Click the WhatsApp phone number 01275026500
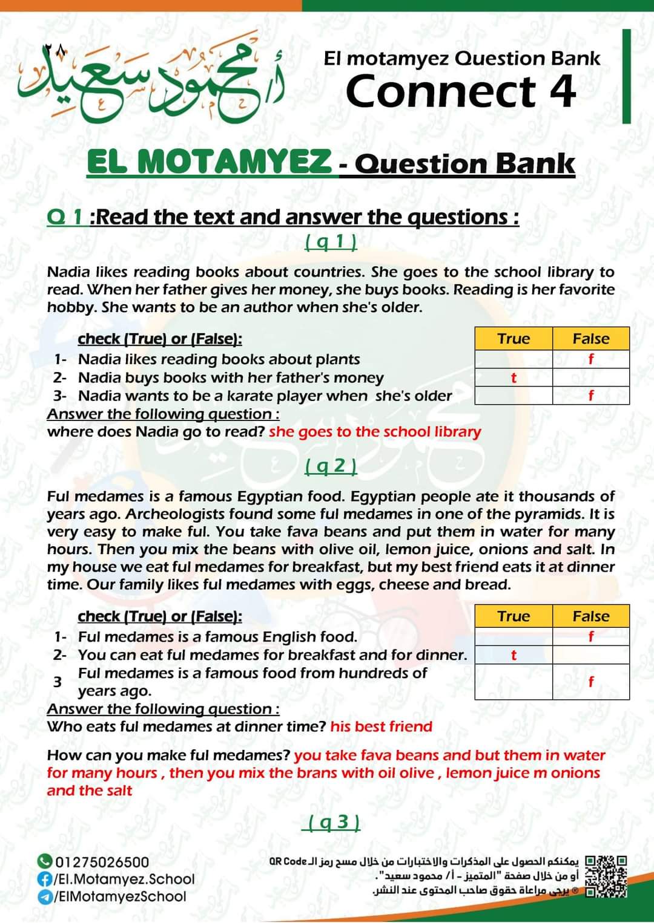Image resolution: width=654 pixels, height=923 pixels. tap(102, 861)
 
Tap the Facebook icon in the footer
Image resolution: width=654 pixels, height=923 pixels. tap(44, 879)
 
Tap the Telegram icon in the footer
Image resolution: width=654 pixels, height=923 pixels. tap(44, 896)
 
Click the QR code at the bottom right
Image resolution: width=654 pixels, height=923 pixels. tap(606, 876)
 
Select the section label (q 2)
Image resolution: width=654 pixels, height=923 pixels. tap(331, 465)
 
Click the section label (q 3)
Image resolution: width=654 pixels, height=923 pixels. tap(334, 822)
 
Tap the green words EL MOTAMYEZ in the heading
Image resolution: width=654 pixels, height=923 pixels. tap(209, 161)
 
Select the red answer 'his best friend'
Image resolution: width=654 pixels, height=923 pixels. tap(381, 726)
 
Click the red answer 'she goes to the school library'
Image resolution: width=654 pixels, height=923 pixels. tap(375, 431)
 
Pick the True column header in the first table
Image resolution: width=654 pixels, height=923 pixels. tap(514, 339)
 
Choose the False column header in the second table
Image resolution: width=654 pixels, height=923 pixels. tap(591, 616)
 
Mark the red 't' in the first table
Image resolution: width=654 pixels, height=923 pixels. tap(514, 378)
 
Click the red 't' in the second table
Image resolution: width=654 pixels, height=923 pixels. tap(514, 655)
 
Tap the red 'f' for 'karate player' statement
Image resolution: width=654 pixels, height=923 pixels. tap(591, 396)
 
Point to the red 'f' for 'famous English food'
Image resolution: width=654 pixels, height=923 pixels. tap(591, 636)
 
